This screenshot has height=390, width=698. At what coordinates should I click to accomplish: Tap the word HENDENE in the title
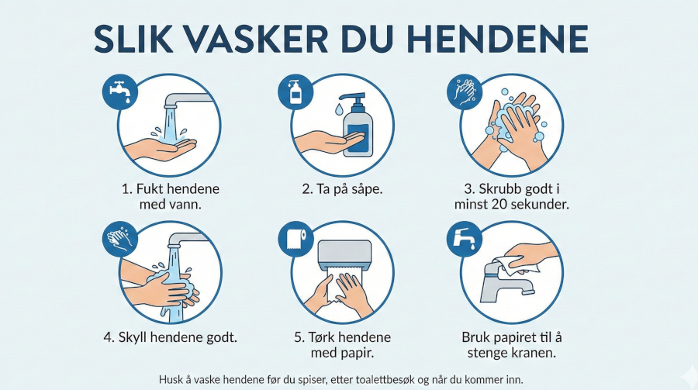tap(498, 40)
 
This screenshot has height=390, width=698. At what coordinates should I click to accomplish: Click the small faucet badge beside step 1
tap(120, 91)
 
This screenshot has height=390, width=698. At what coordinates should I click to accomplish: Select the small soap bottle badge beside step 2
tap(295, 91)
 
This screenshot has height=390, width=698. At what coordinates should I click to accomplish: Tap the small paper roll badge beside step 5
tap(295, 239)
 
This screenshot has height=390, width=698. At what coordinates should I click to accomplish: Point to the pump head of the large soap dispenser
tap(354, 98)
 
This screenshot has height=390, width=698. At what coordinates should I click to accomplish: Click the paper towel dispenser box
tap(345, 253)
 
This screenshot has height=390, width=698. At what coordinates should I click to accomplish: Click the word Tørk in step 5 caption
tap(320, 337)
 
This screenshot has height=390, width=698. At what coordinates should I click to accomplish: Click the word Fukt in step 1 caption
tap(148, 188)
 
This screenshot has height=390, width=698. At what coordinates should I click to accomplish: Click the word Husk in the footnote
tap(169, 380)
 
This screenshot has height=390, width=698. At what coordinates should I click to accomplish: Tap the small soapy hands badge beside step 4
tap(120, 239)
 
